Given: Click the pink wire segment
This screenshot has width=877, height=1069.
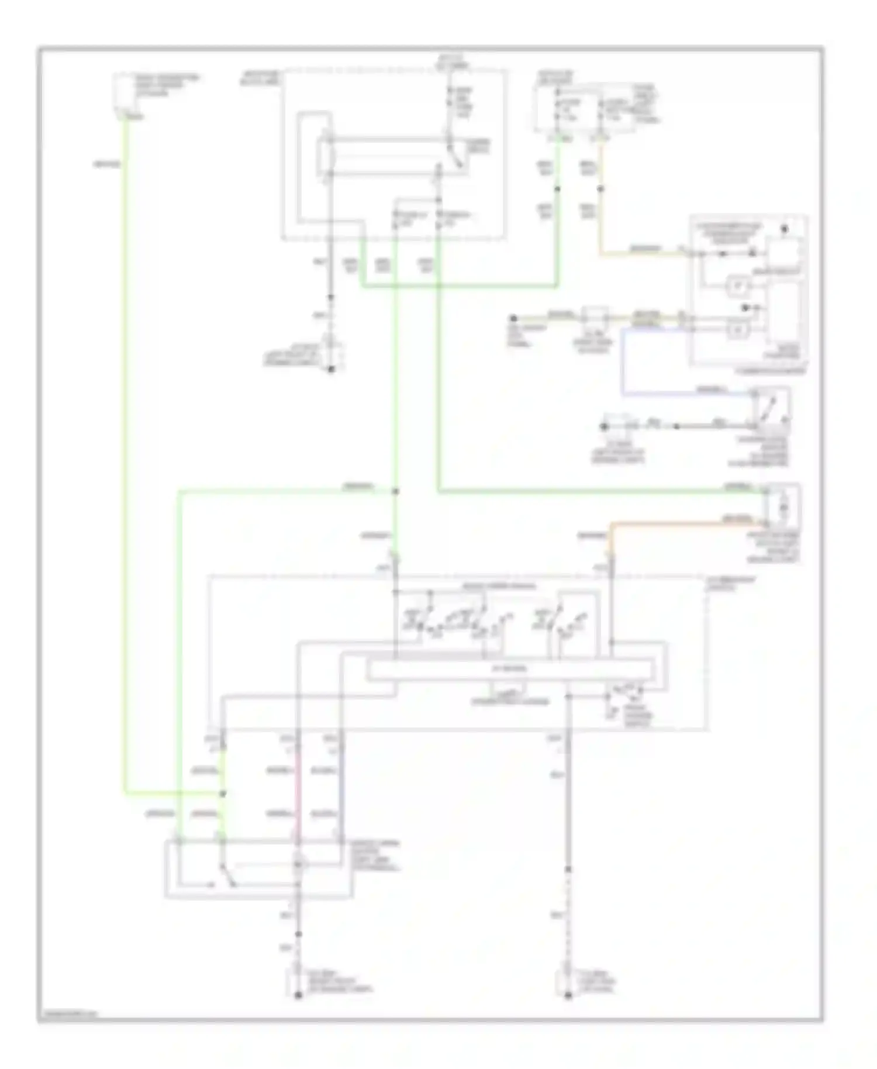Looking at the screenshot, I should click(x=298, y=795).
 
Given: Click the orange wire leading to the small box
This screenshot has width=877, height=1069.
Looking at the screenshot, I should click(x=684, y=522).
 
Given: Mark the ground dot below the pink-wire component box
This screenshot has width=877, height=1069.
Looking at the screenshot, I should click(x=298, y=995).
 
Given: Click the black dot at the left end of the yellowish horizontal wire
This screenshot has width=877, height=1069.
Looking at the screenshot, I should click(x=513, y=318).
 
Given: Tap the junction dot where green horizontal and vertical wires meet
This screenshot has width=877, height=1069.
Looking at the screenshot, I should click(x=395, y=492).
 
